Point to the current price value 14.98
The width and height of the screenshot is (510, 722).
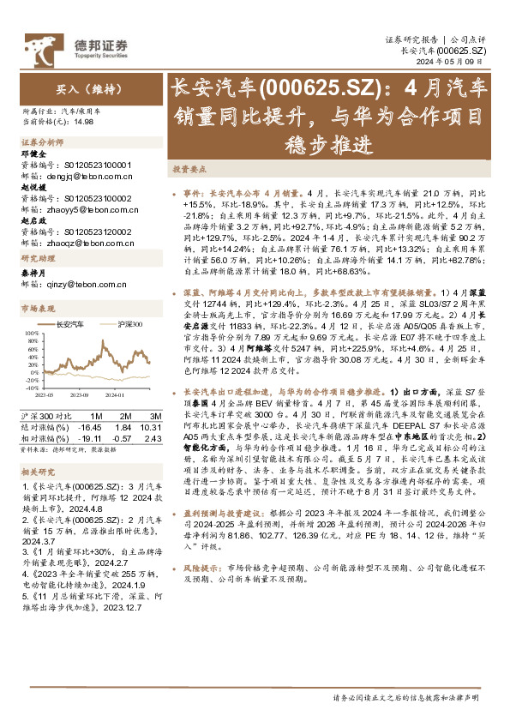pos(84,122)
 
